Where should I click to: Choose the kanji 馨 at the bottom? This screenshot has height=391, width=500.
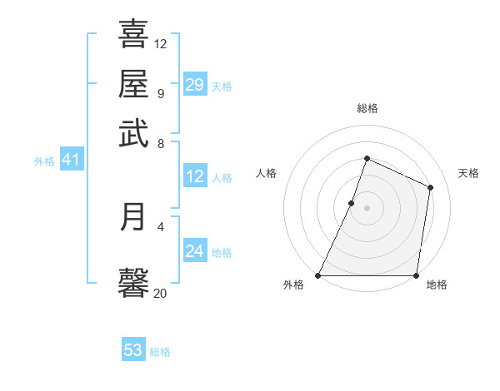click(x=133, y=281)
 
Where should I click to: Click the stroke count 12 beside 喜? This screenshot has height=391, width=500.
click(x=161, y=43)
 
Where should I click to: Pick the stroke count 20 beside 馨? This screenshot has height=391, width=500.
click(x=161, y=292)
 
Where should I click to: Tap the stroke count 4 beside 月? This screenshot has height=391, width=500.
click(x=161, y=225)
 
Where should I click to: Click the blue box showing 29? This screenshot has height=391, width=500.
click(x=195, y=84)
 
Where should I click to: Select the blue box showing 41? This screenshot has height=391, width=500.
click(x=71, y=160)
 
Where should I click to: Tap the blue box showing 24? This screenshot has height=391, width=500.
click(x=195, y=251)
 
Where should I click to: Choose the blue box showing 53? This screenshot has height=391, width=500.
click(x=133, y=350)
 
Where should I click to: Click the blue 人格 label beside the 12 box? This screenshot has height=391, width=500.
click(x=222, y=177)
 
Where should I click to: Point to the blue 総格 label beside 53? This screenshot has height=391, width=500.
click(x=160, y=352)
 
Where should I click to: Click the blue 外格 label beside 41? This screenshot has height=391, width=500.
click(x=44, y=161)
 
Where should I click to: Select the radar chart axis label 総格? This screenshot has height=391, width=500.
click(x=367, y=108)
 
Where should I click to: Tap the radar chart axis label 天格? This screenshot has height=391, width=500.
click(x=468, y=173)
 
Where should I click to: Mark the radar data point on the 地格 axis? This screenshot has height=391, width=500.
click(x=416, y=275)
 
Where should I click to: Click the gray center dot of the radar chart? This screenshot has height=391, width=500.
click(x=367, y=207)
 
